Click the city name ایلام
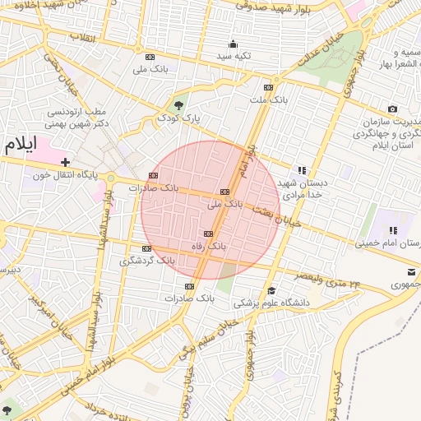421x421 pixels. (21, 144)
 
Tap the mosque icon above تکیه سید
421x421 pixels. (233, 44)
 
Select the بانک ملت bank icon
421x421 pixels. (267, 87)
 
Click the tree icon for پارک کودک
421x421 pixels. (178, 105)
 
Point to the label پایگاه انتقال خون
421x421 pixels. (65, 175)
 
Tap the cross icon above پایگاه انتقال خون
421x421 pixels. (65, 162)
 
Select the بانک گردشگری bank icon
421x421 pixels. (146, 248)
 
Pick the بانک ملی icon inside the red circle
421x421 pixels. (224, 190)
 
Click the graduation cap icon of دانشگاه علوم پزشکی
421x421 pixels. (271, 290)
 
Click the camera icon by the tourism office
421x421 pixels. (392, 109)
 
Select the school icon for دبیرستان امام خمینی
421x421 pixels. (392, 230)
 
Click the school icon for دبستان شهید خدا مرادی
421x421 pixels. (302, 170)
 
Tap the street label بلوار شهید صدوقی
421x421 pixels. (272, 6)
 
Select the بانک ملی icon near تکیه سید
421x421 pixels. (150, 57)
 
